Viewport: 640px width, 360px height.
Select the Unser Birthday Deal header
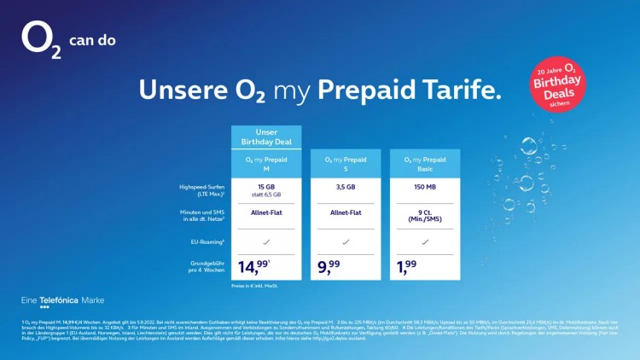point(267,138)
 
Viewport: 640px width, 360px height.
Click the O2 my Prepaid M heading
point(267,164)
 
